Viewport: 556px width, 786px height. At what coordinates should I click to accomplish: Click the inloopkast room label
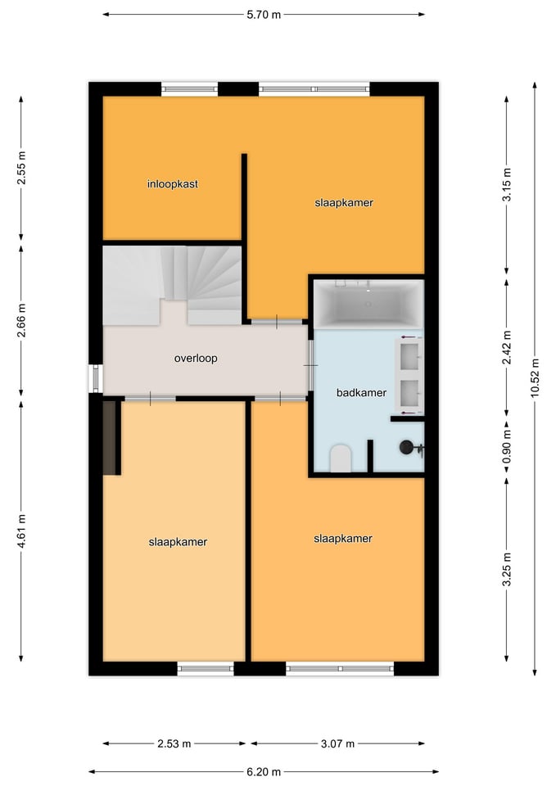[173, 184]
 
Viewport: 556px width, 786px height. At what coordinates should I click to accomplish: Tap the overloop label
[196, 359]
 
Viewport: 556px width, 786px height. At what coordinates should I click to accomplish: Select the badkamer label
[361, 393]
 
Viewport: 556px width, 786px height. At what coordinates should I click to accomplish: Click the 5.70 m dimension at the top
[264, 15]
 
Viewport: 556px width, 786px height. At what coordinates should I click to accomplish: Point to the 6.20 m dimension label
[264, 772]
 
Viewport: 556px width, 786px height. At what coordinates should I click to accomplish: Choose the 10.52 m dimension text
[535, 378]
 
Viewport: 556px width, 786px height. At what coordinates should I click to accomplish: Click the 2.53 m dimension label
[174, 743]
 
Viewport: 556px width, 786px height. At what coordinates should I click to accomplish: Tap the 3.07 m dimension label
[337, 743]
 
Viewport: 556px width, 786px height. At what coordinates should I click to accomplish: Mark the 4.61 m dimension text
[21, 531]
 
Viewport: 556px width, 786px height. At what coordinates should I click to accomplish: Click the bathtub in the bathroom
[368, 305]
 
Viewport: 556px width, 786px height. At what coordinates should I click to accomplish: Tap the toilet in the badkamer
[341, 458]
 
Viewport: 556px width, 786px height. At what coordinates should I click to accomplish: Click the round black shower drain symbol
[406, 447]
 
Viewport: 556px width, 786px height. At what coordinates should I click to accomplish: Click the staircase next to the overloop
[172, 285]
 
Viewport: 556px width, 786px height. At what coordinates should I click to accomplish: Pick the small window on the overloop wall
[95, 378]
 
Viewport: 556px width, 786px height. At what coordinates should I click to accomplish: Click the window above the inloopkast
[189, 89]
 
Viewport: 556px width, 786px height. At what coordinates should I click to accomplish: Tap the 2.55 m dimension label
[21, 167]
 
